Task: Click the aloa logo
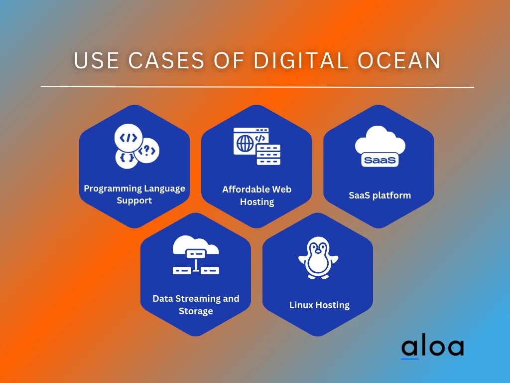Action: [432, 348]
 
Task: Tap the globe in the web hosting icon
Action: [245, 144]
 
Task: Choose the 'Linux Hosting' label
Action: [319, 305]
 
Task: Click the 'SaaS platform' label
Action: [380, 195]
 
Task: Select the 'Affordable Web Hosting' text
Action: [257, 195]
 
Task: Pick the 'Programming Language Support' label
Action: [134, 194]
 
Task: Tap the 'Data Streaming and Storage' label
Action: [196, 305]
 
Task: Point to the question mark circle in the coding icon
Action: [148, 150]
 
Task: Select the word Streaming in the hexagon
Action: [198, 298]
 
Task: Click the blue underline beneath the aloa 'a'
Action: [410, 358]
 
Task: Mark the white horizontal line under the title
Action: [257, 87]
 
